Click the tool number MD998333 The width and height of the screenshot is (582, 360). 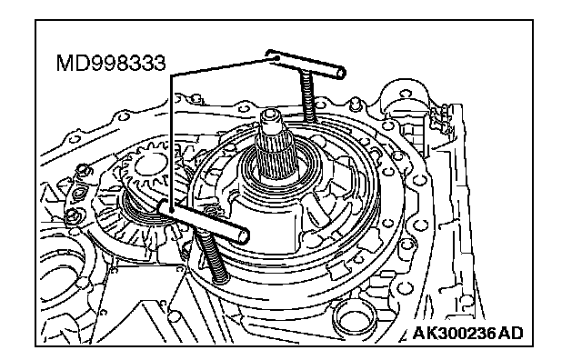(111, 63)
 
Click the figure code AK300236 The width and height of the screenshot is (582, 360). (455, 333)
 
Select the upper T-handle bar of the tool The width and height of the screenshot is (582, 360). (306, 64)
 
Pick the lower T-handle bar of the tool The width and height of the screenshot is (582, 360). (204, 222)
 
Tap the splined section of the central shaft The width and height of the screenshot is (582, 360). (276, 155)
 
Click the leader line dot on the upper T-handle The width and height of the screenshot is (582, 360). (276, 58)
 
